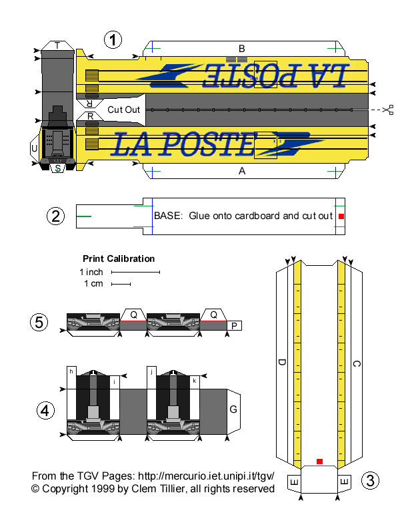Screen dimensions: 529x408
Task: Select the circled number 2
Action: [x=56, y=216]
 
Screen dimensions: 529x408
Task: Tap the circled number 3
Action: [x=371, y=480]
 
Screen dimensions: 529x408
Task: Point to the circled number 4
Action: [x=45, y=410]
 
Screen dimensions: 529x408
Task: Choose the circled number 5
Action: [x=39, y=323]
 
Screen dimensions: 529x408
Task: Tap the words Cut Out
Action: [x=124, y=109]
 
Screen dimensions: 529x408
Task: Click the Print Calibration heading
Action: [x=119, y=258]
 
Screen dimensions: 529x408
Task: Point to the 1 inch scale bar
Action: [x=135, y=273]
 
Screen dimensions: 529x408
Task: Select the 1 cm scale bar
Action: [x=121, y=284]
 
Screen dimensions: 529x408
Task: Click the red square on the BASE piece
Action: [x=340, y=216]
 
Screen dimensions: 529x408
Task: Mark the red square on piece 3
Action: [x=320, y=462]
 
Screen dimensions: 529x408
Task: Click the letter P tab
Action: [x=235, y=325]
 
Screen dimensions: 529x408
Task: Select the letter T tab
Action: [x=58, y=45]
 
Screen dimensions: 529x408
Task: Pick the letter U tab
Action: [x=34, y=148]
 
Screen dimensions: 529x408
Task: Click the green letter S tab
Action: [x=59, y=168]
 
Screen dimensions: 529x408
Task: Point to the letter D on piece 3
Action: [x=282, y=363]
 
